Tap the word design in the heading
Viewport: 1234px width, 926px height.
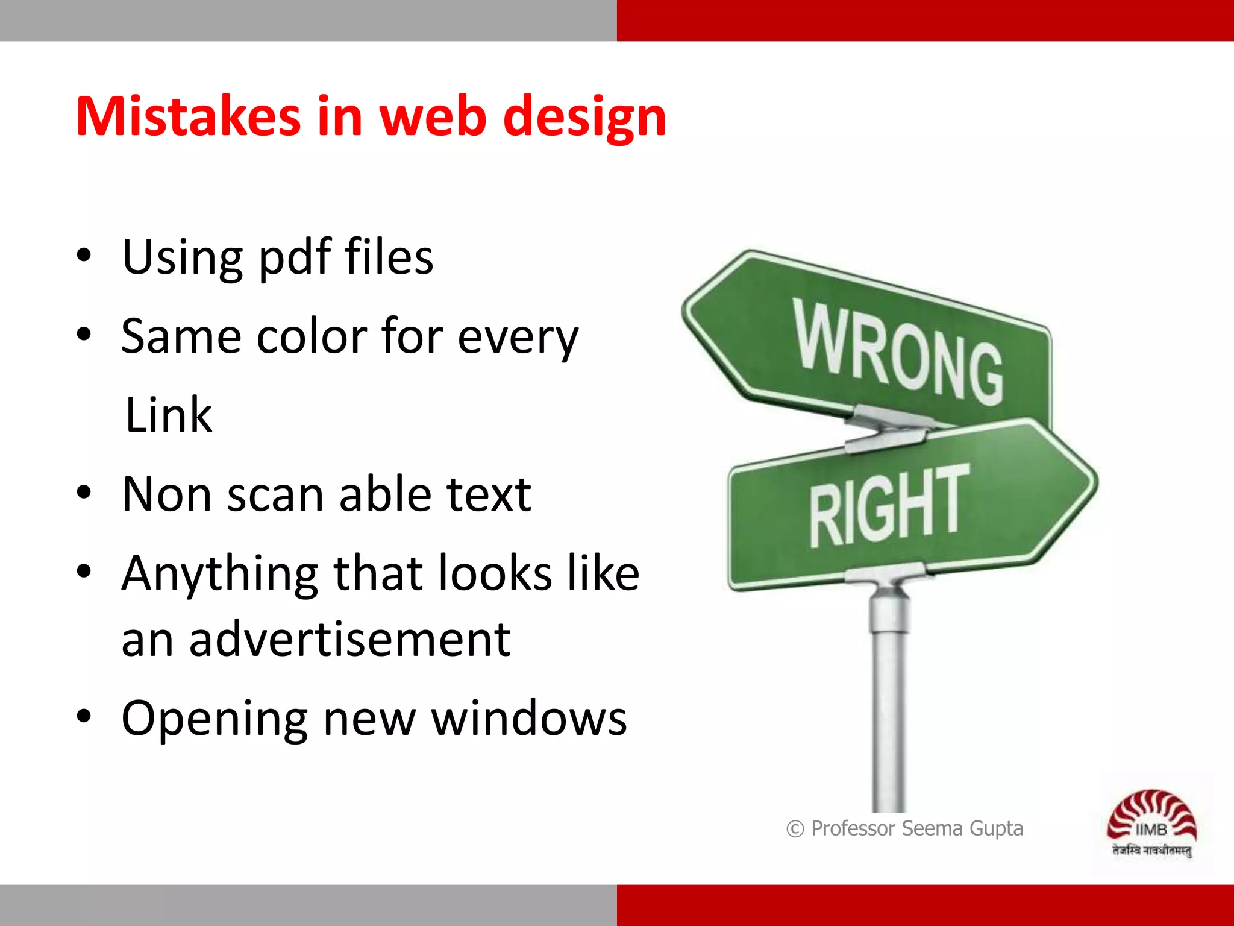pyautogui.click(x=584, y=118)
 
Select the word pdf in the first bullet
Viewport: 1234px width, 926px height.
pyautogui.click(x=295, y=258)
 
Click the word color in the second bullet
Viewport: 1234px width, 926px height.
pyautogui.click(x=312, y=336)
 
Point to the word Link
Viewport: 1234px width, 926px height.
pyautogui.click(x=168, y=415)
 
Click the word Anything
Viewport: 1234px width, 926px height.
pyautogui.click(x=219, y=574)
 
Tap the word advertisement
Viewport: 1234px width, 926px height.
pyautogui.click(x=349, y=639)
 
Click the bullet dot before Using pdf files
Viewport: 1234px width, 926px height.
pyautogui.click(x=84, y=256)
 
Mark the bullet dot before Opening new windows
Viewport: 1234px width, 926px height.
pyautogui.click(x=84, y=717)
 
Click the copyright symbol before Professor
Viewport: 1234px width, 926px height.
pyautogui.click(x=795, y=829)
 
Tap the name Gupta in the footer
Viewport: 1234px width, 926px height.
pyautogui.click(x=996, y=829)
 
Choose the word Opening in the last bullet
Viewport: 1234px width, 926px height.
pyautogui.click(x=214, y=719)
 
